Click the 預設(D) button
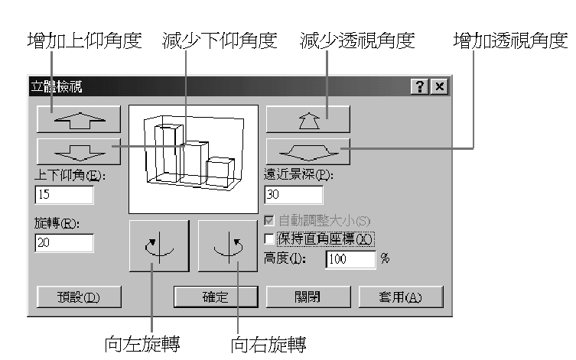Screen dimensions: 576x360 coord(79,297)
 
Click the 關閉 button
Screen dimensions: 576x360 coord(308,297)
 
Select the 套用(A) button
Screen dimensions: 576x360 coord(401,297)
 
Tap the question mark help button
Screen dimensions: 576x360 coord(420,87)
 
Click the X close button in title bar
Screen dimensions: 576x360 coord(439,87)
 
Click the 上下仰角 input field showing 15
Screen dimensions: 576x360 coord(64,194)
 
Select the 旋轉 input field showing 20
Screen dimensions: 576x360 coord(64,243)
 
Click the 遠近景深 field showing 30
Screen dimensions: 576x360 coord(294,194)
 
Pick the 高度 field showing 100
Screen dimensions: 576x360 coord(351,259)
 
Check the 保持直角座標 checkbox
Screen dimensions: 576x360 coord(269,239)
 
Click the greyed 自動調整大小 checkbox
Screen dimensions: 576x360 coord(269,221)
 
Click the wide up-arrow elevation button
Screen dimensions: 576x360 coord(79,119)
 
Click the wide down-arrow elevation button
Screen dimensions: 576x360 coord(79,151)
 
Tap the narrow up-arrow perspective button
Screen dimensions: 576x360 coord(308,119)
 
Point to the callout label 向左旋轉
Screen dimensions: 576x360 coord(142,344)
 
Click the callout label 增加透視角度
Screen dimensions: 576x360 coord(511,41)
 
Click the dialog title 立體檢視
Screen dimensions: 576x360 coord(57,87)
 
